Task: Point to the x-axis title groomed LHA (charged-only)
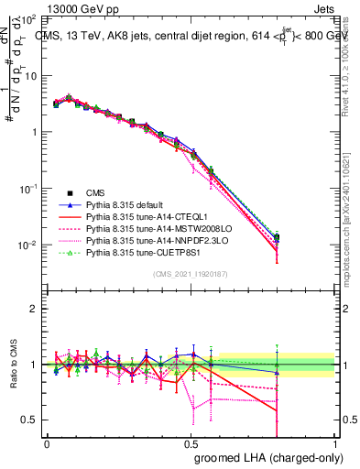tap(265, 457)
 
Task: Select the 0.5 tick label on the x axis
tap(191, 442)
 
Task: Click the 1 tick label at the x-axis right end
tap(336, 442)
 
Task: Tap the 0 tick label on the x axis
tap(47, 442)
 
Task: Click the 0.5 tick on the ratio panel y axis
tap(30, 420)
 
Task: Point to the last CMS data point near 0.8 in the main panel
tap(277, 237)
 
